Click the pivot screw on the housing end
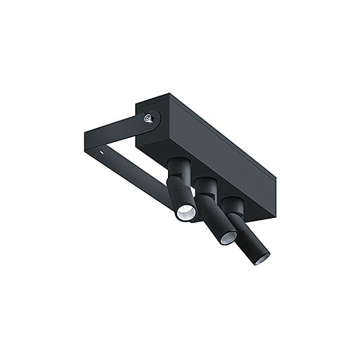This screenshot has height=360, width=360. click(149, 120)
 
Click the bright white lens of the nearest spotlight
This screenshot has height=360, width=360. click(185, 213)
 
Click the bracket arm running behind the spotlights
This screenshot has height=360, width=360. click(141, 183)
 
